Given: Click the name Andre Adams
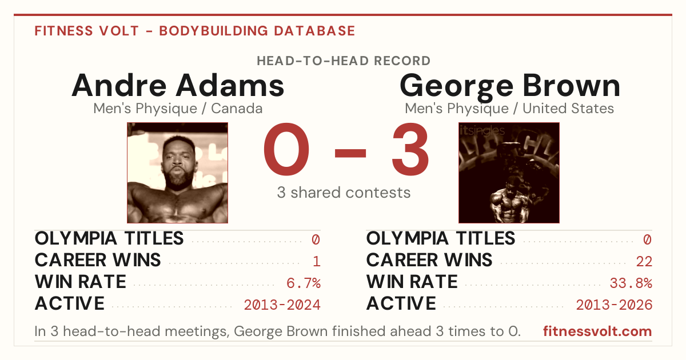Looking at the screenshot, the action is [x=178, y=85].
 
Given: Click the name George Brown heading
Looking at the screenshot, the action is [x=510, y=87].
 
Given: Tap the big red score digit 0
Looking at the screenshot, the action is [x=286, y=149].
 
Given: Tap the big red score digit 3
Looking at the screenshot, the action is [x=410, y=149].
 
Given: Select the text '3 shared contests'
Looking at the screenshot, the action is [x=344, y=193].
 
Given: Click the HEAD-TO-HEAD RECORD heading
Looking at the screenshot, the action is [x=344, y=61].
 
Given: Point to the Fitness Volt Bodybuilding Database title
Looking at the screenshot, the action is [x=195, y=31].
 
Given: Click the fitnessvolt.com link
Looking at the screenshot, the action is [x=597, y=331].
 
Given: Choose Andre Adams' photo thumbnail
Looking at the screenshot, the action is [x=177, y=173].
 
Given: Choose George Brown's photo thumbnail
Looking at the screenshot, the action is [x=509, y=173].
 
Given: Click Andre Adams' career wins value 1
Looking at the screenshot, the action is [x=317, y=262].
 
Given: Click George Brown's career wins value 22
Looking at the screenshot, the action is [x=644, y=262].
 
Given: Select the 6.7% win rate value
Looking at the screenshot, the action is [x=304, y=283].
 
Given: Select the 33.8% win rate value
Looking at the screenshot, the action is [x=631, y=283].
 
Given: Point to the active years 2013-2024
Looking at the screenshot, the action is [x=282, y=305].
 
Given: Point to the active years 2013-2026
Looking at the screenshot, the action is [x=614, y=305].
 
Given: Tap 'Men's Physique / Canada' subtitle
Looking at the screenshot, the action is [x=178, y=109].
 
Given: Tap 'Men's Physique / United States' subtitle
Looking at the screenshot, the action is [x=509, y=109].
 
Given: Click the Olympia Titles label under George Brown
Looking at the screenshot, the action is [x=441, y=238].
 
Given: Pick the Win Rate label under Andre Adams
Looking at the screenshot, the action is [x=80, y=282].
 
